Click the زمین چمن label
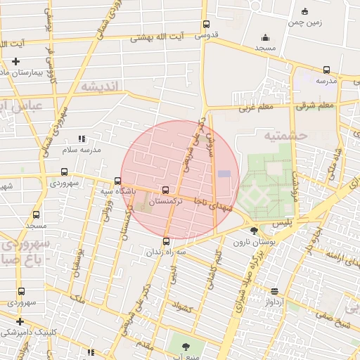304,22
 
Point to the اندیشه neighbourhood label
101,86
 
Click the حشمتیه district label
284,134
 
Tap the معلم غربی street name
255,108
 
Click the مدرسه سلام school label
82,150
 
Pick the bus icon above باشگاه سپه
117,181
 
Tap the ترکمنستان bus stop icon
166,190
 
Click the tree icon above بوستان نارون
254,231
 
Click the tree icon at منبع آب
186,346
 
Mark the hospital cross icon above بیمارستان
15,61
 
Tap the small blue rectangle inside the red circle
224,174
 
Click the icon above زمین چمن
304,11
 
